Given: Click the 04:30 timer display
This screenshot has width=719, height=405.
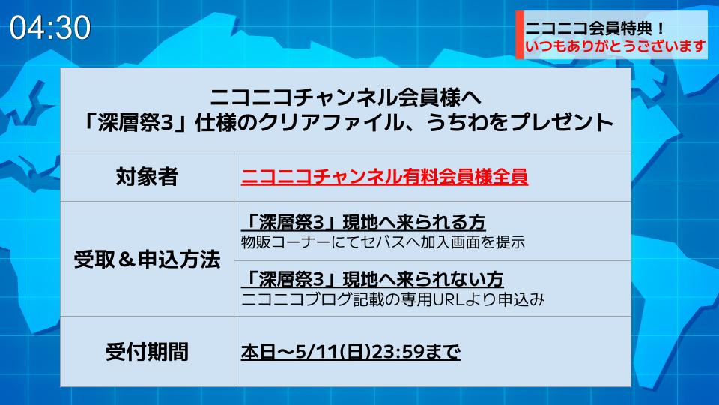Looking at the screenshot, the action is (50, 28).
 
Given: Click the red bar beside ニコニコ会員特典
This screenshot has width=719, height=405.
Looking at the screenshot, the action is (520, 35).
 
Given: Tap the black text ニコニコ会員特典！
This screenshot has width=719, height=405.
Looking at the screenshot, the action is (595, 28).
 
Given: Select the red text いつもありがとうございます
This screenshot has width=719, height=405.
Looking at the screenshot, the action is (616, 46).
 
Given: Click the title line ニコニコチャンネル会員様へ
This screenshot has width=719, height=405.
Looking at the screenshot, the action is (346, 97).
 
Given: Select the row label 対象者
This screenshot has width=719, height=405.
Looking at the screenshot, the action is (147, 177).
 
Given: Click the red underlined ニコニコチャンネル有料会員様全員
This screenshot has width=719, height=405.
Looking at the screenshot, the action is (385, 177).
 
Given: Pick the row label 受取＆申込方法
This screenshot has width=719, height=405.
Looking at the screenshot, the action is (147, 259).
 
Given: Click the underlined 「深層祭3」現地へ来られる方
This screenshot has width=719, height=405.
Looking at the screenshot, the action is (364, 223).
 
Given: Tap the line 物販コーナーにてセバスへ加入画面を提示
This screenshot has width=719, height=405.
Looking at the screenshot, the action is (383, 242).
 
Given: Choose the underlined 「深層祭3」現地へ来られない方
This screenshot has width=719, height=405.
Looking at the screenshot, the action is (373, 279).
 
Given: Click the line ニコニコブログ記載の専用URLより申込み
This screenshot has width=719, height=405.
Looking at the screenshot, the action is (393, 299).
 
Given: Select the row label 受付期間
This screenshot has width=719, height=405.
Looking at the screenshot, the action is (147, 352).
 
